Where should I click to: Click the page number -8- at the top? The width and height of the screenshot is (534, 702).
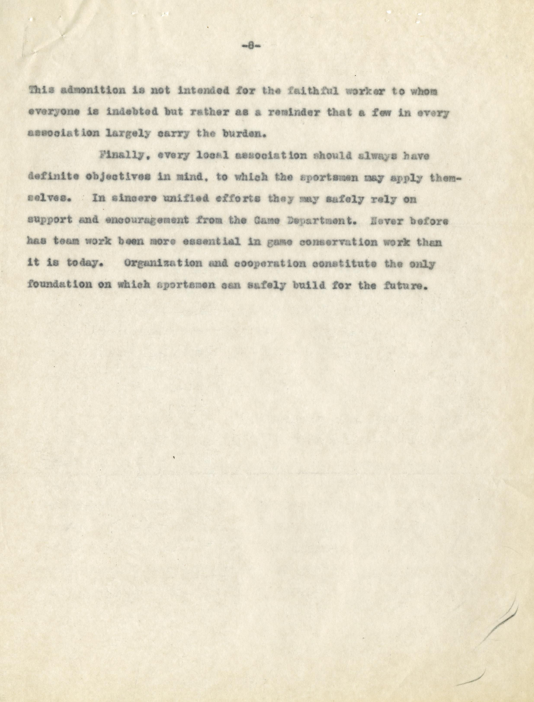[x=251, y=47]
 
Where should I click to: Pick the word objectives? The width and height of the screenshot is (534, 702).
[x=118, y=177]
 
